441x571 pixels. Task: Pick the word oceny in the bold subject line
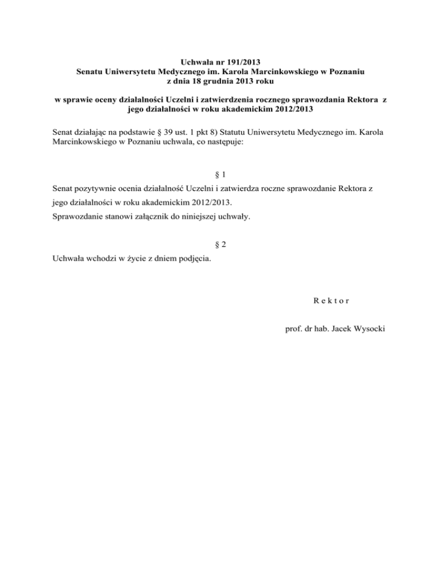(x=109, y=99)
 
